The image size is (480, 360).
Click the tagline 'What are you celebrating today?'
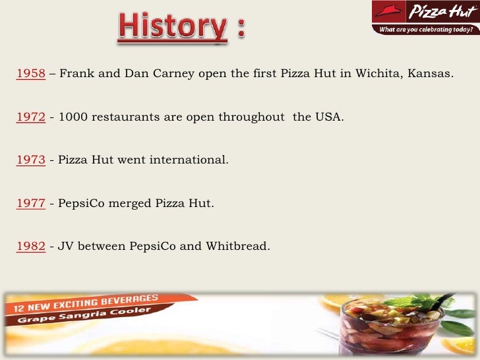pos(425,30)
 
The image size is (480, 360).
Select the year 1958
pos(30,73)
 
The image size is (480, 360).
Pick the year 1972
pos(30,118)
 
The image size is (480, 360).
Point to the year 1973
pos(30,160)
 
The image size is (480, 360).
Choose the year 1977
pos(30,203)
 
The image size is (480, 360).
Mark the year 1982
pos(30,247)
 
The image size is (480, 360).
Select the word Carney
pos(174,73)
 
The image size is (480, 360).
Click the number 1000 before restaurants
pos(72,118)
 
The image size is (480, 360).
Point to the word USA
pos(330,118)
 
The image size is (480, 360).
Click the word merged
pos(129,203)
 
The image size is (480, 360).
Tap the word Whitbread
pos(237,247)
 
